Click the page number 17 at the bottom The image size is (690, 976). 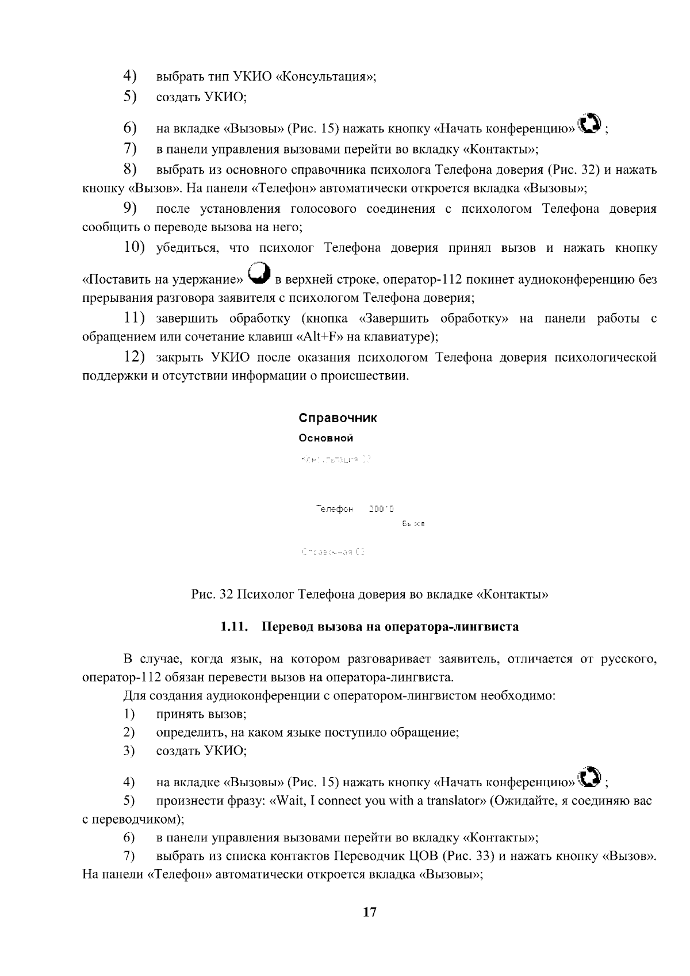point(370,912)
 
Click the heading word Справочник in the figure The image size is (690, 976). point(338,418)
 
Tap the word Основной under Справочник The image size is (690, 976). point(325,438)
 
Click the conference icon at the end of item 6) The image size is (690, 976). point(590,123)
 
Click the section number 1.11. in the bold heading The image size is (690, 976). point(234,627)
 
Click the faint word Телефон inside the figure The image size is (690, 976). point(334,509)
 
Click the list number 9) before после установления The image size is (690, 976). point(129,208)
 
